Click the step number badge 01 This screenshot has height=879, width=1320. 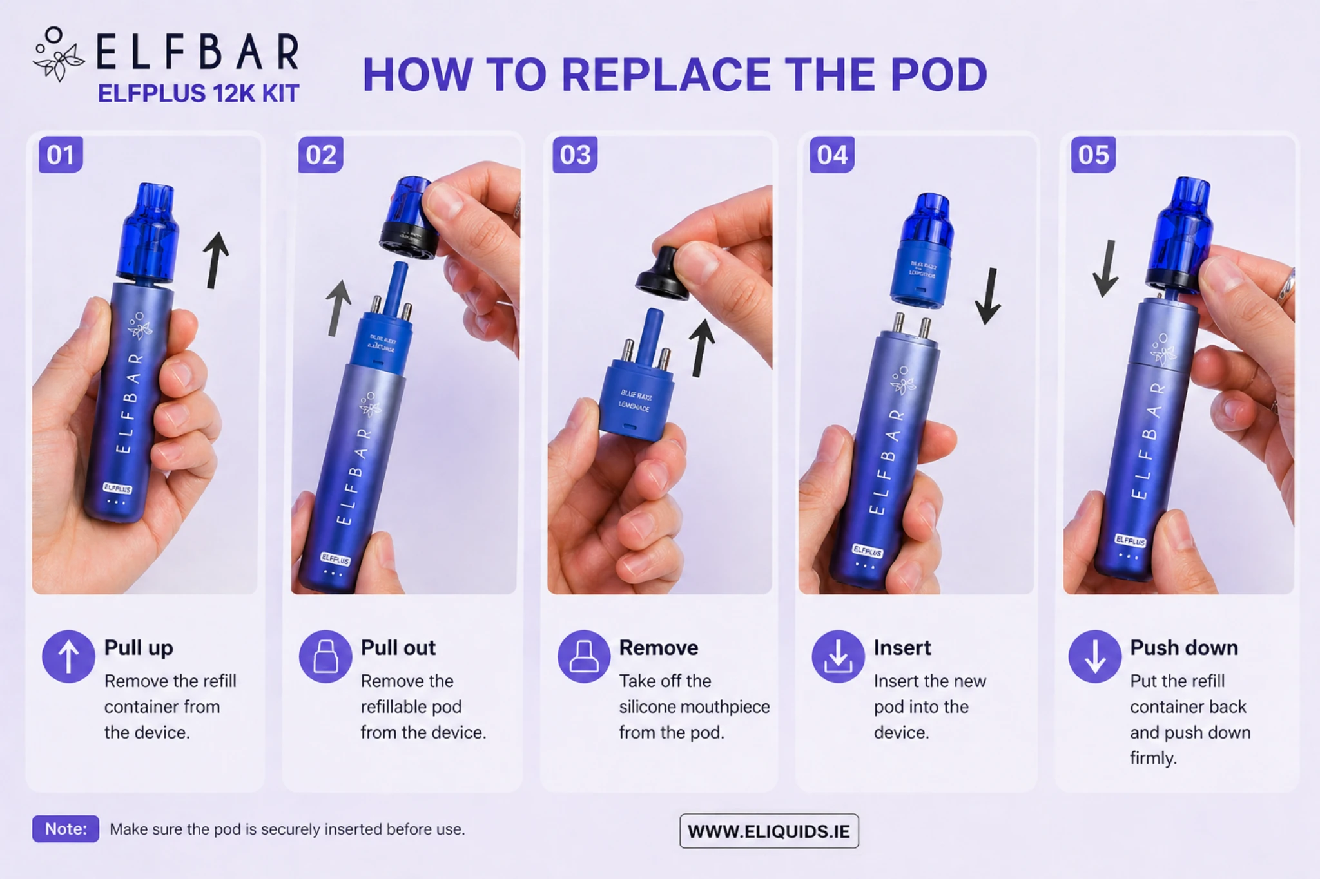point(61,155)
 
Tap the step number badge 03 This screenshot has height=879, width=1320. point(575,155)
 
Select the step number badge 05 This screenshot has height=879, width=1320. point(1093,155)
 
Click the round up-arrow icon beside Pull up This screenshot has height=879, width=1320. point(68,656)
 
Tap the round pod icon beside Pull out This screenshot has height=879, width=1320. point(325,656)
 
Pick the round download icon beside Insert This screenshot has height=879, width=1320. point(838,656)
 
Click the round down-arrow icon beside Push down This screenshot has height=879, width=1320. point(1094,656)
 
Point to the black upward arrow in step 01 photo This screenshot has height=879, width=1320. point(215,260)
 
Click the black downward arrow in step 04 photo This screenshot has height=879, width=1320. point(988,296)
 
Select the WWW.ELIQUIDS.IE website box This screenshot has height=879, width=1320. point(769,831)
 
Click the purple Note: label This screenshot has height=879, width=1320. point(66,829)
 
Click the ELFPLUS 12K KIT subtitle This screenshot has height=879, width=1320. point(199,94)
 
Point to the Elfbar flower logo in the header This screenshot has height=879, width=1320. point(58,55)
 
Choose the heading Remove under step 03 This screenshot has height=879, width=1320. point(658,647)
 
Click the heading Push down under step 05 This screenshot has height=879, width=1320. point(1183,647)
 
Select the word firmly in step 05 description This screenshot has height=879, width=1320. point(1152,758)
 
